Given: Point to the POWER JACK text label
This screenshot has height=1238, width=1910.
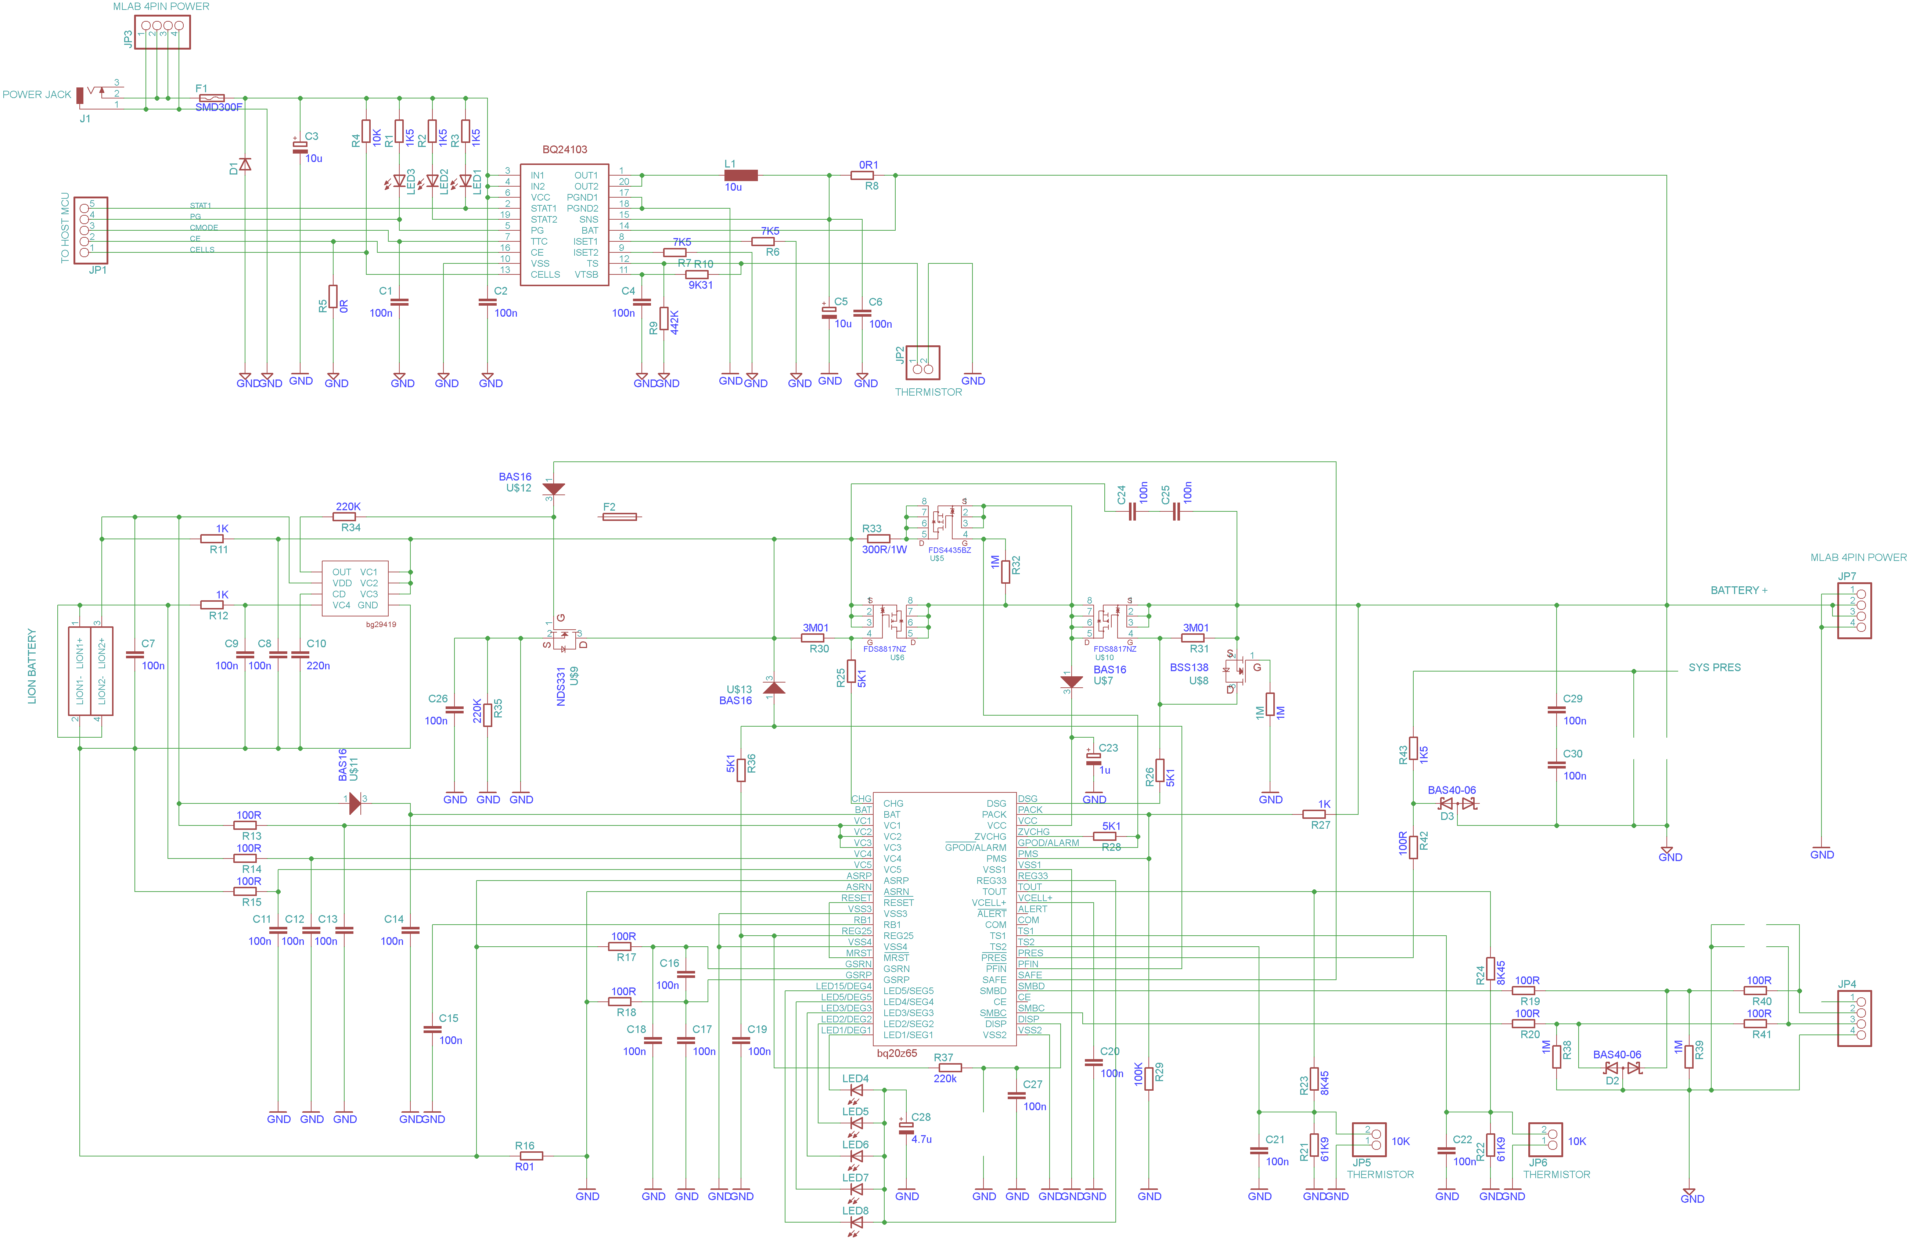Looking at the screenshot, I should point(37,95).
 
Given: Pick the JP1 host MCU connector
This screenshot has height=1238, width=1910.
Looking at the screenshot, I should point(91,230).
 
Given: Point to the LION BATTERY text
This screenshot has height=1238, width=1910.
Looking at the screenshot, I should point(32,666).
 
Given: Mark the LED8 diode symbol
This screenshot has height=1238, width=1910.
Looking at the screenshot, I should point(856,1223).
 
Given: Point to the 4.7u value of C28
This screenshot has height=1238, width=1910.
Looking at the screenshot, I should point(921,1139).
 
